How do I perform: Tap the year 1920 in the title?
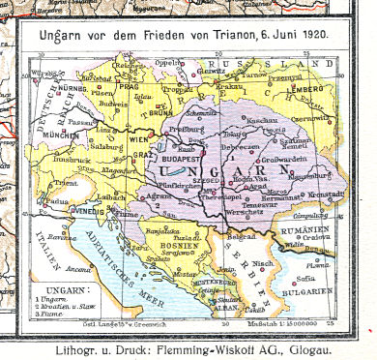[x=326, y=35]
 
